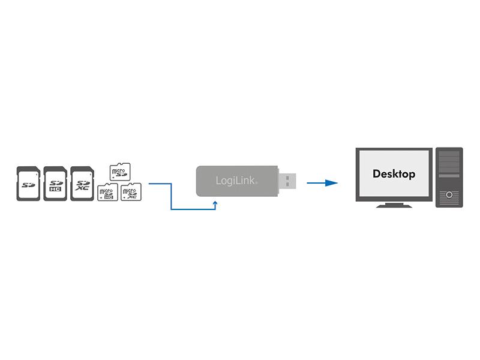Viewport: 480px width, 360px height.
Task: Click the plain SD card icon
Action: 28,182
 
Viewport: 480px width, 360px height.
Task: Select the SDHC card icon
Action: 55,182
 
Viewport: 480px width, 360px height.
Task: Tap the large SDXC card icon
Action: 82,182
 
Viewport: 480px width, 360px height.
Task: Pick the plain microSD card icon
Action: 120,172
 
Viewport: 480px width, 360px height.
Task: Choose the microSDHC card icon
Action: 107,191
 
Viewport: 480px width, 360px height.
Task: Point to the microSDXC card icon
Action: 130,191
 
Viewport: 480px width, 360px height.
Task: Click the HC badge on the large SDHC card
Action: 55,190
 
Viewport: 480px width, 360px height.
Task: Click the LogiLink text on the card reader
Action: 233,181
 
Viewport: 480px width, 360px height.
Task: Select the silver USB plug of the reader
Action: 288,180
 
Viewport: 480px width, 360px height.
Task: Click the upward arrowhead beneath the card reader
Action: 215,203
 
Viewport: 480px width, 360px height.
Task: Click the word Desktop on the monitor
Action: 394,174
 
